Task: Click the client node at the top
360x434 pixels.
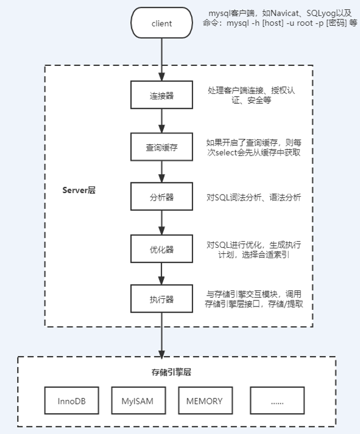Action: [x=162, y=23]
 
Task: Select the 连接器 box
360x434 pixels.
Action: [x=162, y=95]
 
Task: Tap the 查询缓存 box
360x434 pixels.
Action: [x=162, y=147]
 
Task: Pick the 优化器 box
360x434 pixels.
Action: [x=162, y=249]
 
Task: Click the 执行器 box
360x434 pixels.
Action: [x=162, y=299]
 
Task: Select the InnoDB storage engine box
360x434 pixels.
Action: [x=71, y=401]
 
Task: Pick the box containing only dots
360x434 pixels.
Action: [x=277, y=401]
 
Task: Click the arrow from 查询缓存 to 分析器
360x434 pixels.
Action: [x=162, y=172]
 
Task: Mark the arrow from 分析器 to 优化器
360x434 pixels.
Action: [x=162, y=223]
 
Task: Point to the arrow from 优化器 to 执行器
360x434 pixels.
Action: [x=162, y=274]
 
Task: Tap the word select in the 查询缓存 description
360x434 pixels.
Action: [x=229, y=152]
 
